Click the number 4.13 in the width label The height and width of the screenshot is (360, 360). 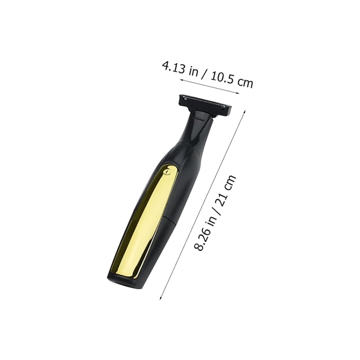tap(174, 67)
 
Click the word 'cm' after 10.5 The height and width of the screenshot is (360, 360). tap(245, 82)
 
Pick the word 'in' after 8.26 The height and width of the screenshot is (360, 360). tap(212, 219)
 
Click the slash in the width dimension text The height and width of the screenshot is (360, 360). tap(204, 74)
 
